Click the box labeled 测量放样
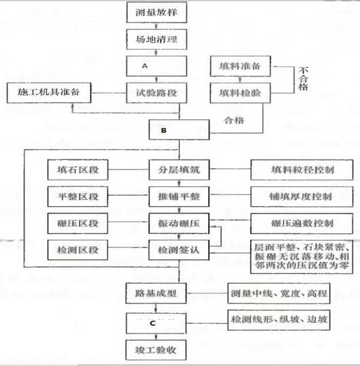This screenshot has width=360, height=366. pos(157,12)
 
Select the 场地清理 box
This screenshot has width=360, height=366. pos(157,39)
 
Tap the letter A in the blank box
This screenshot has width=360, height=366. pos(145,66)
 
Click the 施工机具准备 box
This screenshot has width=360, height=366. pos(49,93)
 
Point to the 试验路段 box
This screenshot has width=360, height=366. pos(157,93)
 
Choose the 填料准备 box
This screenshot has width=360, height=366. pos(240,66)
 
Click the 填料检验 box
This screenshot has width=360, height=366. pos(240,93)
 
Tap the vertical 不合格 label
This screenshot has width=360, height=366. pos(303,79)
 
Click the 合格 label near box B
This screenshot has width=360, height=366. pos(234,120)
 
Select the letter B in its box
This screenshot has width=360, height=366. pos(163,130)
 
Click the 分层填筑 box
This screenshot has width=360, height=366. pos(179,169)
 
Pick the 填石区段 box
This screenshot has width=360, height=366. pos(78,169)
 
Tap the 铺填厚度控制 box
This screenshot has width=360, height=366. pos(302,197)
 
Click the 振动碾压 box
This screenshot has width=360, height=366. pos(179,224)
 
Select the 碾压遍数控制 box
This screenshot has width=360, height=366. pos(302,224)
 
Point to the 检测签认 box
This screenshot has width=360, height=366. pos(179,250)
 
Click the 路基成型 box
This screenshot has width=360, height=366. pos(156,293)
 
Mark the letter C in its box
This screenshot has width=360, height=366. pos(153,323)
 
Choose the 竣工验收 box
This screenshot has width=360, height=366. pos(156,350)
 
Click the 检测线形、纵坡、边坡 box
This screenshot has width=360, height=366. pos(279,320)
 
